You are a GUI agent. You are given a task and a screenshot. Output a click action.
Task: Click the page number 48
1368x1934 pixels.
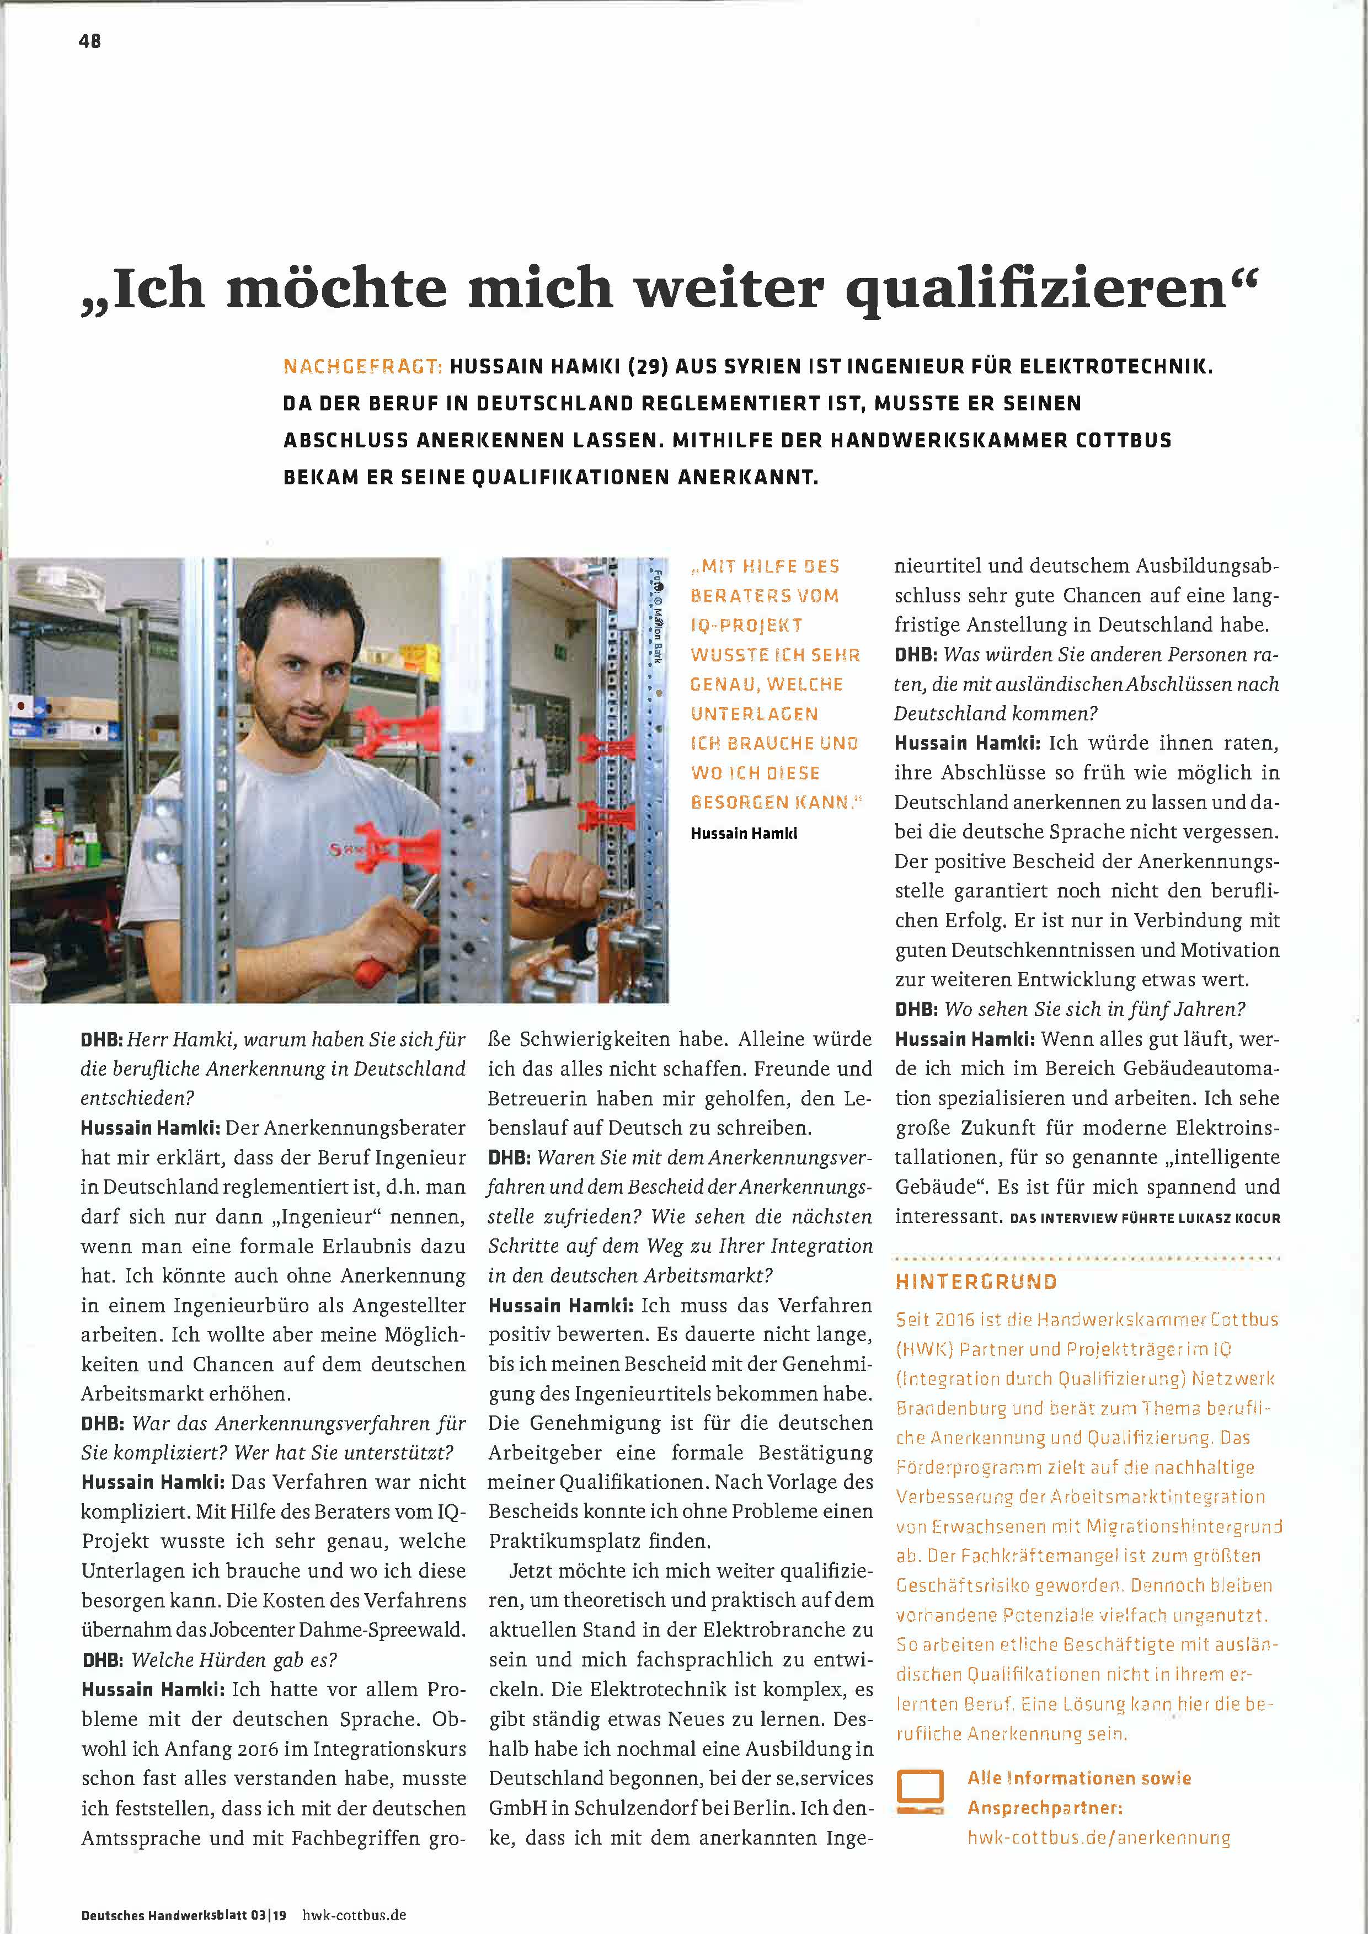pos(90,40)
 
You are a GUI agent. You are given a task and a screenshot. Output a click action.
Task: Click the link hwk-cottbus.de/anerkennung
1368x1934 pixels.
pos(1098,1836)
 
